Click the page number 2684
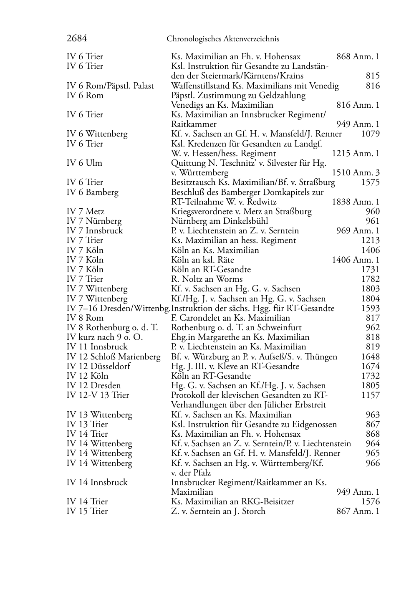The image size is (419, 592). click(77, 39)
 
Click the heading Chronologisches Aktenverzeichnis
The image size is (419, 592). click(223, 39)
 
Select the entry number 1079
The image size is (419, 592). click(371, 134)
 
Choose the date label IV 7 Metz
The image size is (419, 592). click(86, 211)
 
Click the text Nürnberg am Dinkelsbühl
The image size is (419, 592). click(220, 221)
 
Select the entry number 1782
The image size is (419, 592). click(371, 279)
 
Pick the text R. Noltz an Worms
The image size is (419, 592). click(207, 279)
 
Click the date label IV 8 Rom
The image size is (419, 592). click(85, 318)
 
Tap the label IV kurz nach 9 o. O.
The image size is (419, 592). click(105, 337)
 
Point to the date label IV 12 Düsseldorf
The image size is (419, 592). click(98, 366)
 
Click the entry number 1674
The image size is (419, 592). click(371, 366)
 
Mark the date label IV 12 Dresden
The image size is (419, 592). click(94, 385)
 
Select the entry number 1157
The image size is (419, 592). click(371, 395)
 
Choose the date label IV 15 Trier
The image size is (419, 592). click(87, 511)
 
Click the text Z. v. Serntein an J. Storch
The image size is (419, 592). click(218, 511)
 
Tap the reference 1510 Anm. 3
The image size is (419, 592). click(356, 172)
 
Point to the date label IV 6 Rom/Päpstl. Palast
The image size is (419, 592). click(110, 86)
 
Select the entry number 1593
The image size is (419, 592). click(371, 308)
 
